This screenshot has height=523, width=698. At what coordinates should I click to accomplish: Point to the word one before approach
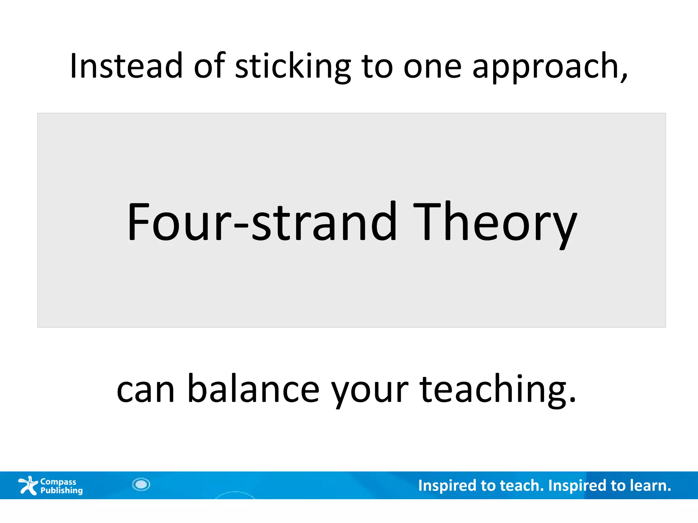pos(432,67)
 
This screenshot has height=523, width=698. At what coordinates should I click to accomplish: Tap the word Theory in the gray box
pos(495,223)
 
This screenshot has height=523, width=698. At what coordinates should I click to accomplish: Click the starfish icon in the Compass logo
pos(28,485)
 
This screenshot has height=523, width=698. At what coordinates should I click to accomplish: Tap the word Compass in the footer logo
pos(58,481)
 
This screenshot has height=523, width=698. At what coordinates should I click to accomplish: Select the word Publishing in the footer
pos(61,490)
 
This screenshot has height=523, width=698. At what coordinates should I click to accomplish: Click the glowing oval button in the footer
pos(141,484)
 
